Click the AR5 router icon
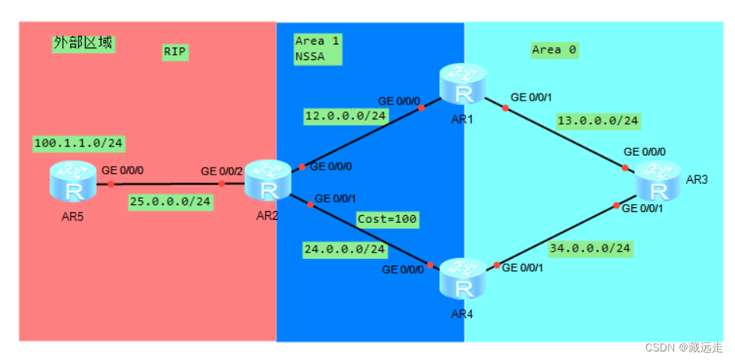tap(72, 185)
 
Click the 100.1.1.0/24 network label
tap(80, 143)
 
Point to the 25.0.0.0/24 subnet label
tap(170, 202)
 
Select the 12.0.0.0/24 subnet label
tap(346, 116)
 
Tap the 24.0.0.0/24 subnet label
tap(345, 249)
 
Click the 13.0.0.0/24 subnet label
tap(598, 121)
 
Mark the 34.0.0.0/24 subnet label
tap(590, 249)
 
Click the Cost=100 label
tap(387, 220)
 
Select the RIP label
tap(175, 52)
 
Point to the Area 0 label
tap(554, 50)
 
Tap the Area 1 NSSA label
tap(316, 48)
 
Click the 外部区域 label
tap(83, 43)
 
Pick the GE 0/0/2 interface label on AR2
tap(222, 171)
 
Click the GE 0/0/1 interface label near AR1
tap(532, 98)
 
